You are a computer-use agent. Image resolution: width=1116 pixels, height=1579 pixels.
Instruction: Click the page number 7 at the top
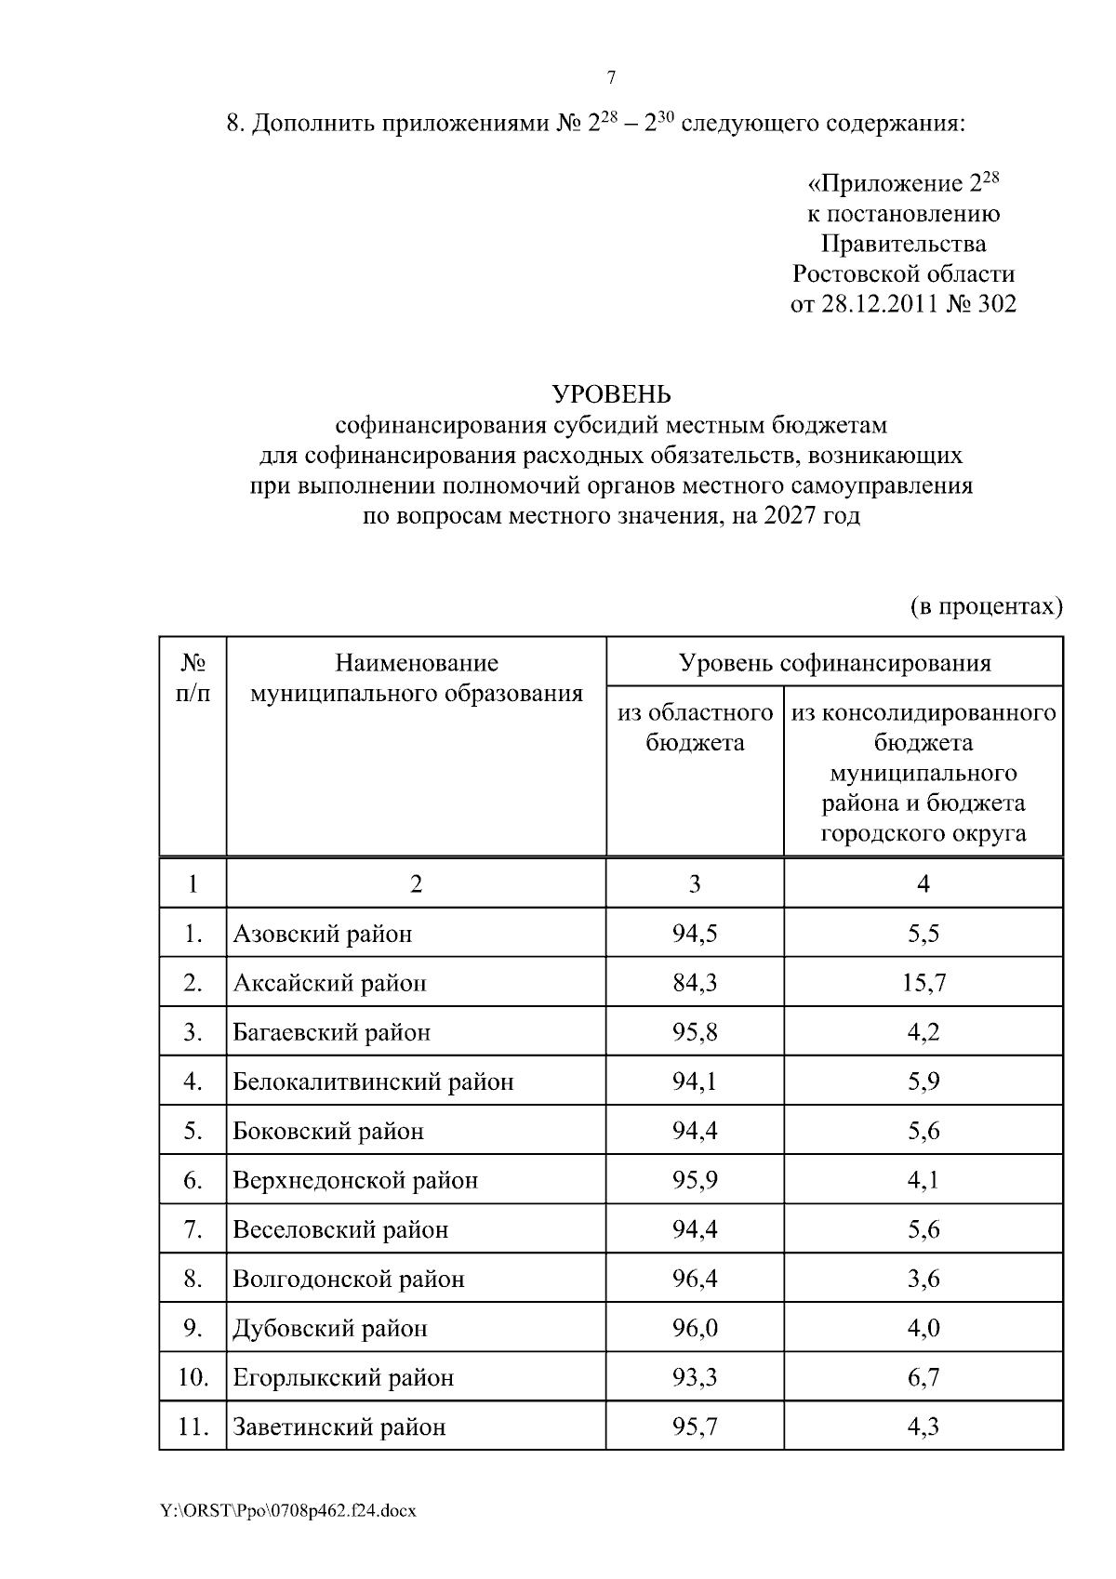[x=611, y=78]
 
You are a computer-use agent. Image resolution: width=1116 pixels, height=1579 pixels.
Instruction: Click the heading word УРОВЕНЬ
[x=611, y=394]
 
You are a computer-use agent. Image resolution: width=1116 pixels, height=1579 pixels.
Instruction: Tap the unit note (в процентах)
[x=985, y=607]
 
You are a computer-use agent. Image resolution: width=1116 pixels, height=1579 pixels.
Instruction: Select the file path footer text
[x=288, y=1511]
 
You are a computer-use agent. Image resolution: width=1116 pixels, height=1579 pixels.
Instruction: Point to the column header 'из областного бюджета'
[x=695, y=727]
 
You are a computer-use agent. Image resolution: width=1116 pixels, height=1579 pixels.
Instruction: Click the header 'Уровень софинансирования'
[x=834, y=663]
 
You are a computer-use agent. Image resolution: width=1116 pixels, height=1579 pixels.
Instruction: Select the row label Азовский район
[x=322, y=934]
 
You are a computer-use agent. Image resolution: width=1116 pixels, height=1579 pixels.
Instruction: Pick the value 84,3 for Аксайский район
[x=695, y=983]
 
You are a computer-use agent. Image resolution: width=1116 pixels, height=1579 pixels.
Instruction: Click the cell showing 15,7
[x=923, y=983]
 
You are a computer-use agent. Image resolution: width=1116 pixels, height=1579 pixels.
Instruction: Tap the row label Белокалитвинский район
[x=373, y=1081]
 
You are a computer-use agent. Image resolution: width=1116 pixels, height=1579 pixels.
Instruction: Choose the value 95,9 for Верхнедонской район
[x=695, y=1180]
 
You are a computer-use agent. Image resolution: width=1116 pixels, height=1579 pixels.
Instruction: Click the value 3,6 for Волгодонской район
[x=923, y=1279]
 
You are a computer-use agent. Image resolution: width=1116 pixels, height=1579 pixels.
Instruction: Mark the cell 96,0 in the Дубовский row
[x=695, y=1328]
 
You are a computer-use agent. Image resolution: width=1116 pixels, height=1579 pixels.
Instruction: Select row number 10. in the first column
[x=193, y=1377]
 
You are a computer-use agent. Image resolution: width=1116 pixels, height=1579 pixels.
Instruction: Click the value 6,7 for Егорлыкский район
[x=923, y=1377]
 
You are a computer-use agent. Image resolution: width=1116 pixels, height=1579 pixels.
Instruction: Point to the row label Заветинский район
[x=339, y=1426]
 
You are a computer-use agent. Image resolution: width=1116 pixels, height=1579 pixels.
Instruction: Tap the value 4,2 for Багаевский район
[x=923, y=1032]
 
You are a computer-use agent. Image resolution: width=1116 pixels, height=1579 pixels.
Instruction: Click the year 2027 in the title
[x=790, y=515]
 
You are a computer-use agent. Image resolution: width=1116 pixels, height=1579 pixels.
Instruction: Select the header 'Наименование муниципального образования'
[x=417, y=678]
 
